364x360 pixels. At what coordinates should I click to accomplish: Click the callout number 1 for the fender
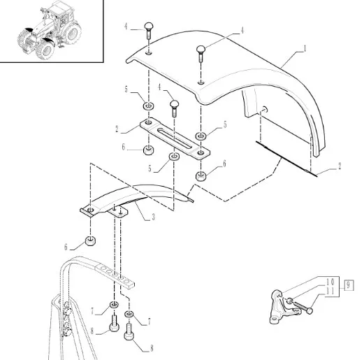(x=305, y=48)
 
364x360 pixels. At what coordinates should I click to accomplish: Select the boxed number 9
(x=349, y=285)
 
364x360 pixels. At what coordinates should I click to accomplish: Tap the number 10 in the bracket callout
(x=330, y=282)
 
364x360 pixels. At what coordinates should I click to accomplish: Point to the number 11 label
(x=330, y=291)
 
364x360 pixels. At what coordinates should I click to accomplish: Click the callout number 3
(x=153, y=217)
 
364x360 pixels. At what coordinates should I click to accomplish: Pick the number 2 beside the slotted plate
(x=117, y=129)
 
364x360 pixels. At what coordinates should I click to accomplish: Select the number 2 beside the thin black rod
(x=340, y=166)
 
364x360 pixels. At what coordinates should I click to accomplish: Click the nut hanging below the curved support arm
(x=90, y=240)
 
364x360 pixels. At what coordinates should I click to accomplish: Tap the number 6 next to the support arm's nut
(x=66, y=247)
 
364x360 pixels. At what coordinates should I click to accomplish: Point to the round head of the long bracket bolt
(x=310, y=310)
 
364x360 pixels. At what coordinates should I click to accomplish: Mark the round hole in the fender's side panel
(x=264, y=108)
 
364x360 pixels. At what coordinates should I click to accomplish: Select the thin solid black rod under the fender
(x=286, y=159)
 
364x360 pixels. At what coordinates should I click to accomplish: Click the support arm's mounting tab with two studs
(x=118, y=212)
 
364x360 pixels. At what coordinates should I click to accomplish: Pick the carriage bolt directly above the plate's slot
(x=174, y=108)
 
